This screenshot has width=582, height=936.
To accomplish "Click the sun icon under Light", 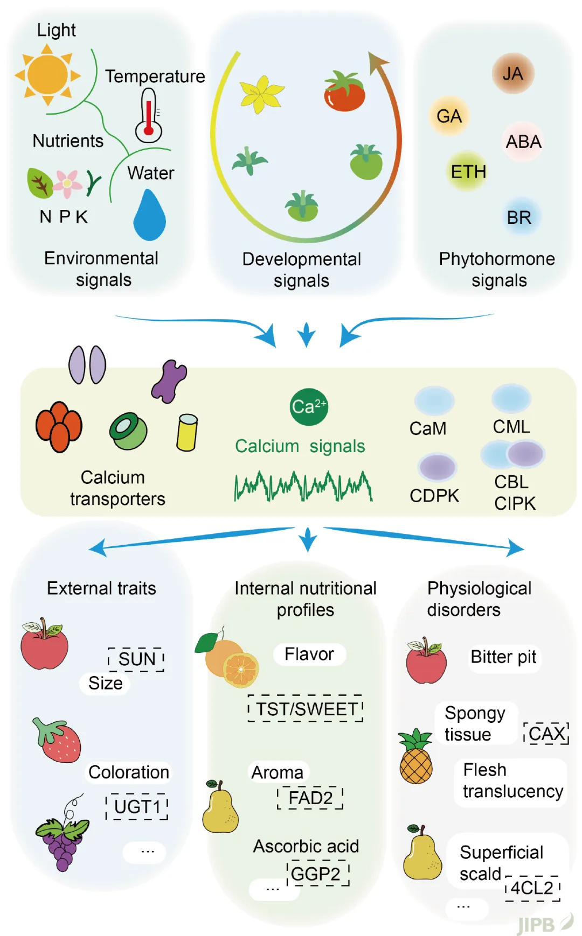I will tap(47, 75).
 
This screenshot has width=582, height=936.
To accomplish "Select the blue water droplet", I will tap(149, 215).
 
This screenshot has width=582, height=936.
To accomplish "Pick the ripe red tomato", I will tap(344, 93).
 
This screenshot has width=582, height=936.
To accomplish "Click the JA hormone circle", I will tap(512, 74).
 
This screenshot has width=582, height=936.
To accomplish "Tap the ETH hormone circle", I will tap(468, 172).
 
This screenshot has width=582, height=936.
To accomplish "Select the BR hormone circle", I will tap(519, 217).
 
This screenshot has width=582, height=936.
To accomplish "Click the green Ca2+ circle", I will tap(308, 407).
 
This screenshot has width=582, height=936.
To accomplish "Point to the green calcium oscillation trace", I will tap(303, 486).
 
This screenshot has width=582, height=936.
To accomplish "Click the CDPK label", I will tap(434, 495).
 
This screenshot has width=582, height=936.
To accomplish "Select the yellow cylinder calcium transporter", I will tap(187, 432).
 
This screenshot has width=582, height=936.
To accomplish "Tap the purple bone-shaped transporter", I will tap(169, 382).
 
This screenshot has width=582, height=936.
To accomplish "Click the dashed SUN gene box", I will tap(136, 659).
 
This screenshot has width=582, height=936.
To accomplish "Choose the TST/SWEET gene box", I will tap(306, 709).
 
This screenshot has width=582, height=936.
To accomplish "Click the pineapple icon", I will tap(416, 757).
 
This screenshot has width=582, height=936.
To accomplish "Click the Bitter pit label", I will tap(503, 657).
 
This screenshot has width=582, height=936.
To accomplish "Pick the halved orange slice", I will tap(241, 669).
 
